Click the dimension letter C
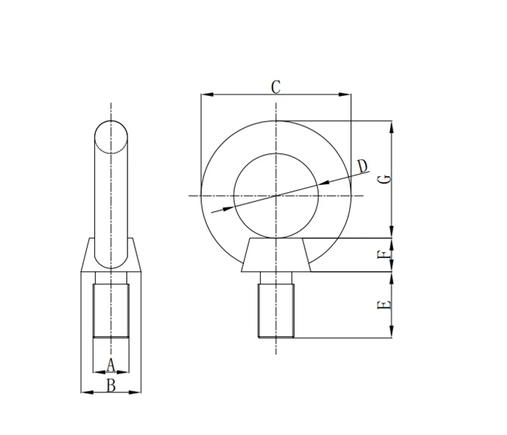(x=276, y=86)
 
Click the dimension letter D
(x=363, y=166)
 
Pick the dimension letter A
(x=111, y=364)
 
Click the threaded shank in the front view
(x=275, y=310)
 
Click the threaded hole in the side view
(x=111, y=310)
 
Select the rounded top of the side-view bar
(x=111, y=134)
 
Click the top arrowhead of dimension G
(x=392, y=125)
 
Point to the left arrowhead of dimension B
(x=85, y=392)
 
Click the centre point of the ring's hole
(x=275, y=195)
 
